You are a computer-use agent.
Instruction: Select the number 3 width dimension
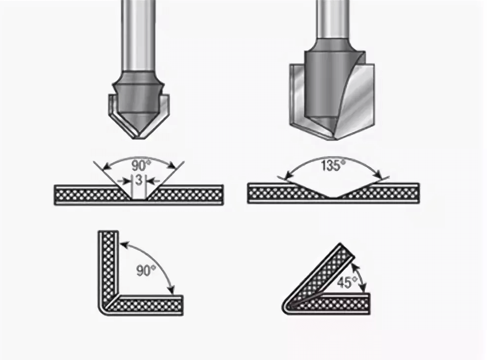[139, 180]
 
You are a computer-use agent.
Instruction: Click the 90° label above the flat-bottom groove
[140, 166]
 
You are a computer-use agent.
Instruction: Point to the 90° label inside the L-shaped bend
[145, 270]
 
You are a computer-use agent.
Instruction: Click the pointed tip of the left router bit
[139, 138]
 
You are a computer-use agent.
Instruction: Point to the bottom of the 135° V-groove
[333, 197]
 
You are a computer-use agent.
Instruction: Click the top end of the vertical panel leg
[108, 232]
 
